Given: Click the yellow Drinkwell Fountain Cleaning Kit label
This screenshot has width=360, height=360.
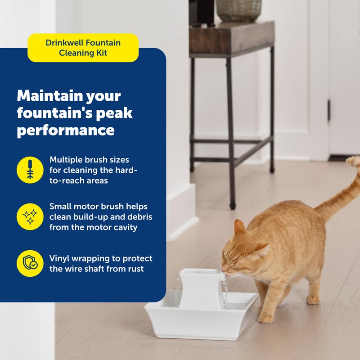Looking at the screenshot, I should (x=83, y=48).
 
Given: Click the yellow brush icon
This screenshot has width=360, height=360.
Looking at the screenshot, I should (x=30, y=170).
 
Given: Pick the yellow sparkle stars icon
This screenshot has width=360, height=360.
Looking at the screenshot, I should (x=30, y=216).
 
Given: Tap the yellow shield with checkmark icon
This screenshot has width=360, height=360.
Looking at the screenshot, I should (x=30, y=263).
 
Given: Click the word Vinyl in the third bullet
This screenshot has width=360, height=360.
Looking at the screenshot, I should (x=61, y=258).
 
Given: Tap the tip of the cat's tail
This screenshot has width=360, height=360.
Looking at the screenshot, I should (x=354, y=161).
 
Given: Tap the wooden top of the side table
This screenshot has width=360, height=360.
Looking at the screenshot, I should (x=231, y=39).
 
